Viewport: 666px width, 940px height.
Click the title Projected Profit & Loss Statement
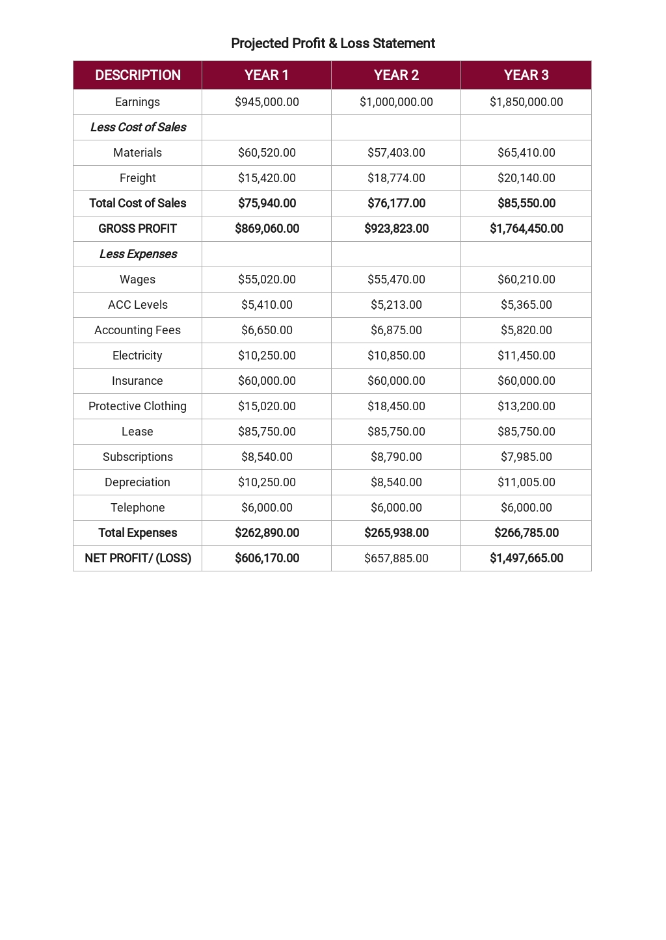pyautogui.click(x=332, y=44)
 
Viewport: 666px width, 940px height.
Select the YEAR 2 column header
pyautogui.click(x=396, y=75)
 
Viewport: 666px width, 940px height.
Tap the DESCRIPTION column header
pyautogui.click(x=138, y=75)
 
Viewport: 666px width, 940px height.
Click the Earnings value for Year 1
pyautogui.click(x=267, y=102)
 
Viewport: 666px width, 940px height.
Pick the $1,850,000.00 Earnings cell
pyautogui.click(x=526, y=102)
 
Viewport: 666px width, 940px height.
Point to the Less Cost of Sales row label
pyautogui.click(x=138, y=127)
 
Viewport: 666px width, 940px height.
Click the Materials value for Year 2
pyautogui.click(x=396, y=153)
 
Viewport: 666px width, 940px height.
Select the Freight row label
pyautogui.click(x=138, y=178)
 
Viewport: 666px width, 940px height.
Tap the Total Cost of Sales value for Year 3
pyautogui.click(x=526, y=203)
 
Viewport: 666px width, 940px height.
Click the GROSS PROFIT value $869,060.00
pyautogui.click(x=267, y=229)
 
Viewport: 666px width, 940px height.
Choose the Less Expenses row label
pyautogui.click(x=138, y=254)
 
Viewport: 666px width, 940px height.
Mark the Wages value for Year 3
pyautogui.click(x=526, y=280)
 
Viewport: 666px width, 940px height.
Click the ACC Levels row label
pyautogui.click(x=138, y=305)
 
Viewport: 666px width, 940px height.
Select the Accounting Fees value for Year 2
pyautogui.click(x=396, y=330)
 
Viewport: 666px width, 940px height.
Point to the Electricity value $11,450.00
pyautogui.click(x=526, y=356)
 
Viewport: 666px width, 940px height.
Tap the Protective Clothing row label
pyautogui.click(x=138, y=406)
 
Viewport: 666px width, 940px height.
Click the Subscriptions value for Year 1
pyautogui.click(x=267, y=457)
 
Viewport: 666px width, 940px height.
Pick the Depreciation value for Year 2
pyautogui.click(x=396, y=482)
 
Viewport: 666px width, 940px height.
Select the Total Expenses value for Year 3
pyautogui.click(x=526, y=533)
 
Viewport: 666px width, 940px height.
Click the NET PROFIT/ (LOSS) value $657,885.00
pyautogui.click(x=396, y=558)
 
